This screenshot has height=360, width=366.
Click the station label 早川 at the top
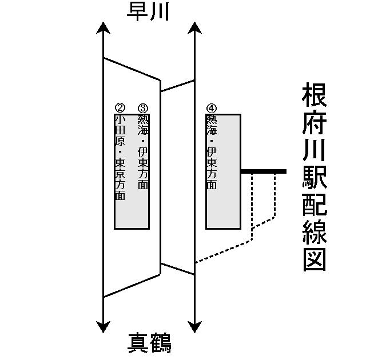[x=148, y=12]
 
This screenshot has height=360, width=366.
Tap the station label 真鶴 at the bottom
[x=149, y=343]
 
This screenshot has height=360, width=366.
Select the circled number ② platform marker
[x=120, y=108]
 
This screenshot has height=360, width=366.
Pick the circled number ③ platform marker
[x=143, y=108]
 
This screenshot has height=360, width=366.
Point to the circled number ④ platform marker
[x=212, y=108]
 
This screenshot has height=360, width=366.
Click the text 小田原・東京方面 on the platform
[x=120, y=157]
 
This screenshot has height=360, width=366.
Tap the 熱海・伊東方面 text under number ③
[x=143, y=152]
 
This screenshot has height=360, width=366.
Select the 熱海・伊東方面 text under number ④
[x=212, y=152]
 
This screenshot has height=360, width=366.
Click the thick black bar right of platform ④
[x=263, y=171]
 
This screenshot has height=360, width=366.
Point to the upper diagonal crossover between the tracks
[x=177, y=86]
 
